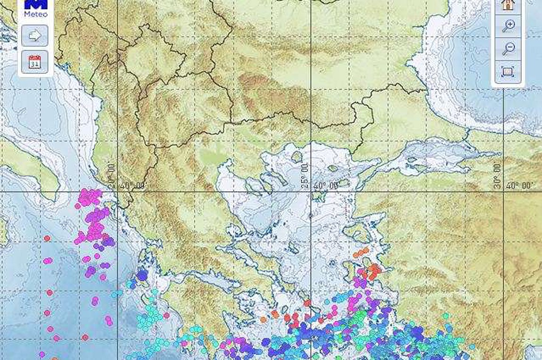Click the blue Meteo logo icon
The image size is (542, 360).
(35, 4)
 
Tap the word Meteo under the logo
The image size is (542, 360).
(35, 14)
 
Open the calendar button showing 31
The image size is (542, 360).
(35, 62)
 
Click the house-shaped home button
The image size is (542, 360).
(508, 5)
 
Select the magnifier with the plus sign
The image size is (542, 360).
(508, 25)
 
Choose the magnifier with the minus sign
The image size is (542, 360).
(508, 48)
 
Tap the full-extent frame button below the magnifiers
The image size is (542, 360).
(508, 72)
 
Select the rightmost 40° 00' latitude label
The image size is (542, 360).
(521, 186)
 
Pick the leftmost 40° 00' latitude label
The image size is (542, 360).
(132, 186)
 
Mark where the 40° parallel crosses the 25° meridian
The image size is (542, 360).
(311, 192)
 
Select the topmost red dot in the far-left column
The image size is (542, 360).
(47, 238)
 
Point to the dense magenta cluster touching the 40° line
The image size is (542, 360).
(90, 196)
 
